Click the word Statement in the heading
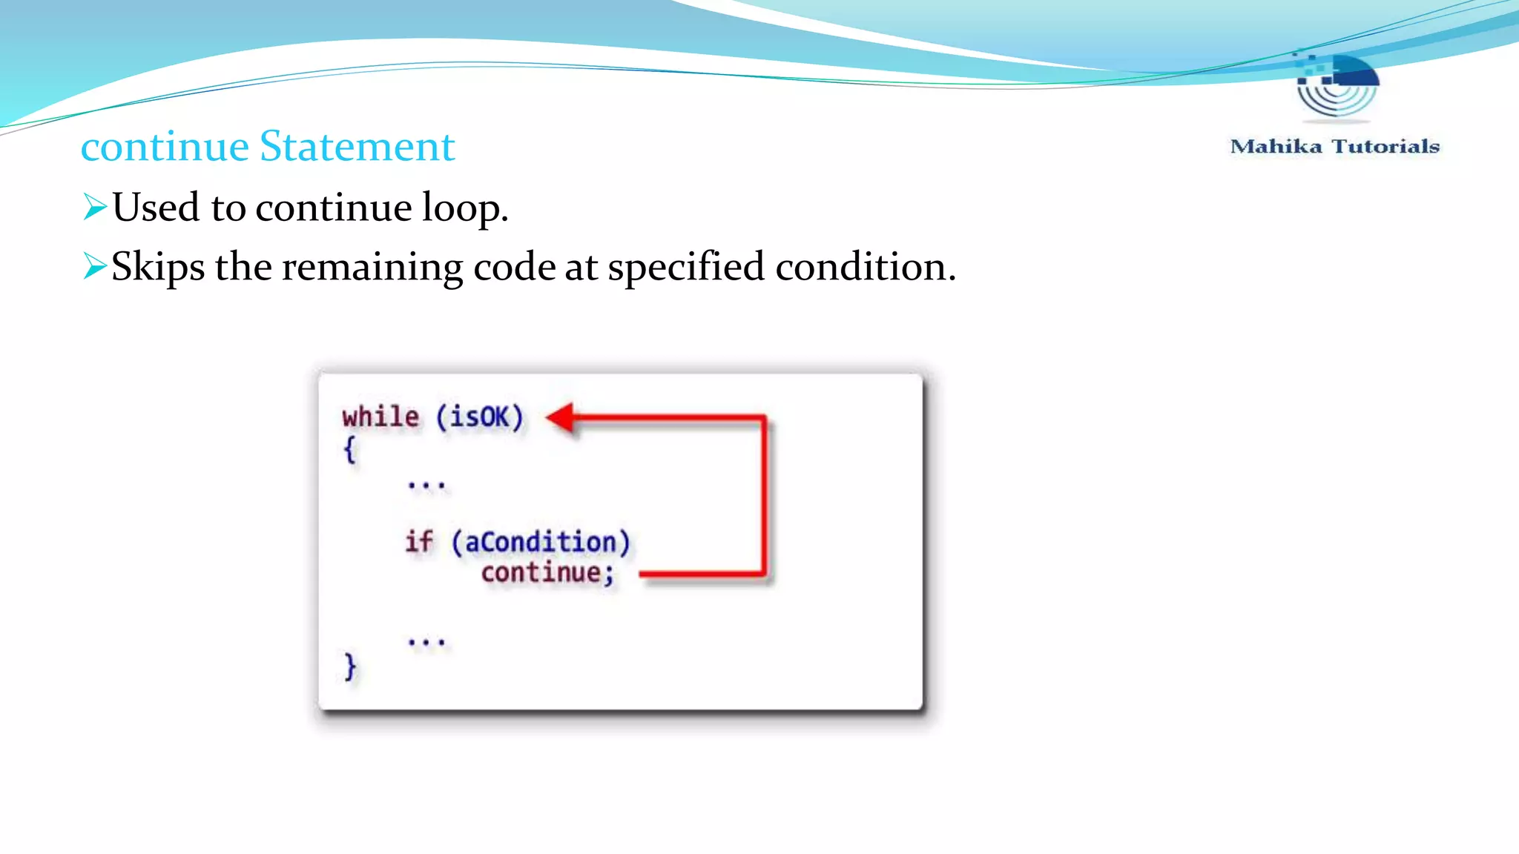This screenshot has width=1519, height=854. (x=357, y=146)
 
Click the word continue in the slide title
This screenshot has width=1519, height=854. (x=165, y=146)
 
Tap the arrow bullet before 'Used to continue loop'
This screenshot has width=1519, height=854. (x=95, y=207)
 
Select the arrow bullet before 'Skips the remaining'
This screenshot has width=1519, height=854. (x=95, y=266)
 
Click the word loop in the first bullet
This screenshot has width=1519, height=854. (x=464, y=207)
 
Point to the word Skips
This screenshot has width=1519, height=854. (x=157, y=267)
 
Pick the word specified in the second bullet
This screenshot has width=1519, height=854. (x=686, y=267)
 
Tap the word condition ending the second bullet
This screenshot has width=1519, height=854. (x=860, y=267)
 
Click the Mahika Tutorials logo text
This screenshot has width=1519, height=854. (x=1334, y=146)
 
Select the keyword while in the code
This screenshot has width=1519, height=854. (x=380, y=417)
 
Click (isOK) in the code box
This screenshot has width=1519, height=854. (x=480, y=417)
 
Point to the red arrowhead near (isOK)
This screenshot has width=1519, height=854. (x=561, y=417)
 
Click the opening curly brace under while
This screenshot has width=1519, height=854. (x=349, y=449)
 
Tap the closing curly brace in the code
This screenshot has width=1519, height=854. (x=349, y=666)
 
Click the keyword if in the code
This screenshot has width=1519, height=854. (x=419, y=541)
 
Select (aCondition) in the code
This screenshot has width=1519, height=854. (x=541, y=542)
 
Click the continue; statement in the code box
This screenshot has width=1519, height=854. (x=547, y=573)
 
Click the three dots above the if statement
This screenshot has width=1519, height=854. (x=426, y=486)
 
